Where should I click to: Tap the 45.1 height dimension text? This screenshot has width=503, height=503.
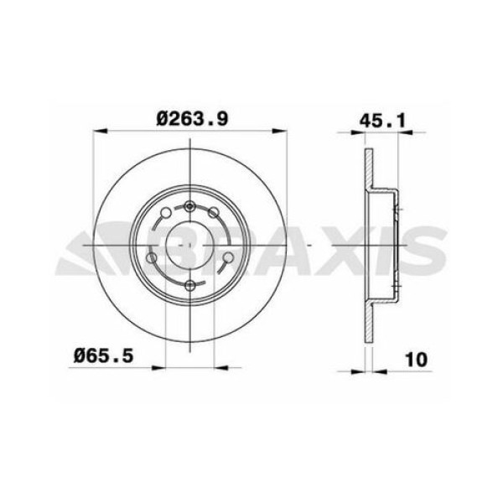click(x=382, y=118)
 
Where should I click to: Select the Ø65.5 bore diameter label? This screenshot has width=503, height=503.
click(x=102, y=357)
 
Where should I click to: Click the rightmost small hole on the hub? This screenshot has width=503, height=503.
click(x=228, y=257)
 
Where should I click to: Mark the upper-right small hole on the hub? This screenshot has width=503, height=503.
click(x=214, y=213)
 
